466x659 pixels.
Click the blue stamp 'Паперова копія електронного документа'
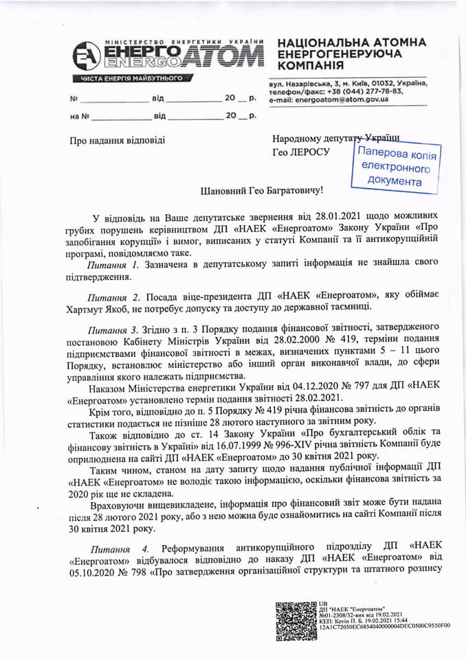[x=395, y=165]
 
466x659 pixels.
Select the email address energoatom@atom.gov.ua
[x=341, y=100]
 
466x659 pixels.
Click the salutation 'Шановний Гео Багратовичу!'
[x=251, y=188]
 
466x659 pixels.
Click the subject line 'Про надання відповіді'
[x=118, y=141]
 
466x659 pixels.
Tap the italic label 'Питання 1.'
[x=114, y=264]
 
